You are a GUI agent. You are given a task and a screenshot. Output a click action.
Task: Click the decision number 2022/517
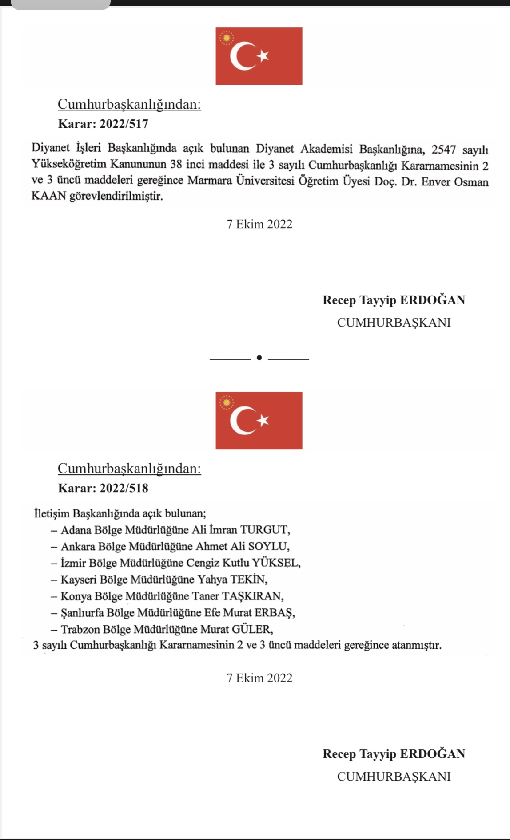coord(124,124)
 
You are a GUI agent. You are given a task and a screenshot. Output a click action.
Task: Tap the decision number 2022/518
coord(124,488)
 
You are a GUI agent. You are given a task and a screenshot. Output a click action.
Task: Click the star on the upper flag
coord(263,55)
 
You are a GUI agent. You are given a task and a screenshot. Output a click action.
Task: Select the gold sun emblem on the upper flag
coord(227,38)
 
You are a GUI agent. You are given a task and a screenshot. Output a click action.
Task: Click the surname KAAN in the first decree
coord(48,196)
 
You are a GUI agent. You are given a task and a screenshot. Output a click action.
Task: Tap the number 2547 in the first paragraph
coord(443,149)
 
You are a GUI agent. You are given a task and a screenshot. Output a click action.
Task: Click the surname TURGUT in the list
coord(265,530)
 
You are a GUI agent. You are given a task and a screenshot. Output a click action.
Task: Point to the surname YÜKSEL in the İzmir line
coord(276,563)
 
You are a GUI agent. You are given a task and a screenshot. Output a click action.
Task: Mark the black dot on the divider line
coord(259,358)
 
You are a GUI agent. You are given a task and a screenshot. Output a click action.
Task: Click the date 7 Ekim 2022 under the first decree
coord(259,224)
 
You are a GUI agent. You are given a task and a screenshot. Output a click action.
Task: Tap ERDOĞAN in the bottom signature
coord(432,754)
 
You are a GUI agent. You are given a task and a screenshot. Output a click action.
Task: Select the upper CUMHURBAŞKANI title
coord(394,323)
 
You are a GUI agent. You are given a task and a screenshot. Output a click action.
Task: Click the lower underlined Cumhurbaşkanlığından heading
coord(129,469)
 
